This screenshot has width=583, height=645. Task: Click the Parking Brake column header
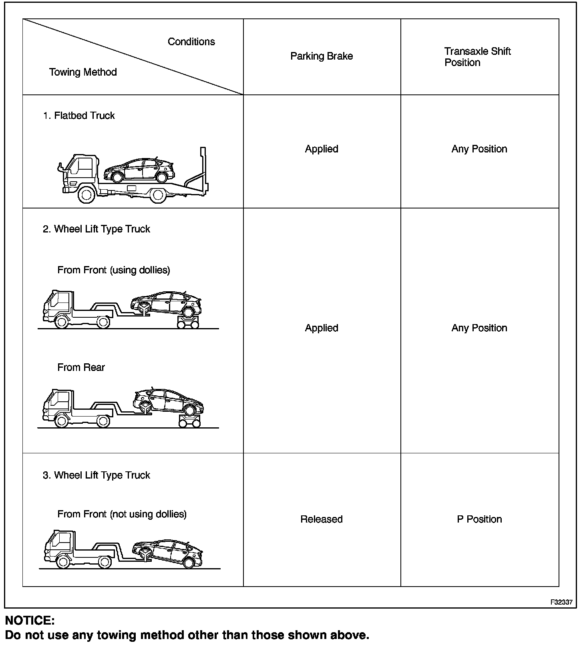pos(322,56)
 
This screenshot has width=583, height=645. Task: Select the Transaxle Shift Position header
pos(477,57)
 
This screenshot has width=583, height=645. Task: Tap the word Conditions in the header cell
pos(191,42)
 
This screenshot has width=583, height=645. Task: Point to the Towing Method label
pos(83,72)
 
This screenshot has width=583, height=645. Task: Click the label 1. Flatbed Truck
pos(79,116)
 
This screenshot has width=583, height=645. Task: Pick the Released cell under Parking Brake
pos(322,519)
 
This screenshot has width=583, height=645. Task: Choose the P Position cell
pos(479,519)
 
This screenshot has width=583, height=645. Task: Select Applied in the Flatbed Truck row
pos(322,149)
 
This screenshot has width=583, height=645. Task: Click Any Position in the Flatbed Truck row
pos(479,149)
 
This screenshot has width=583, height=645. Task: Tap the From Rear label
pos(81,367)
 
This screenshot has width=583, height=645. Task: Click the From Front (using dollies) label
pos(114,270)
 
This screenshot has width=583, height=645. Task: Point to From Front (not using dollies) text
pos(122,514)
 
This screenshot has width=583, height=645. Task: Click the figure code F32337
pos(561,602)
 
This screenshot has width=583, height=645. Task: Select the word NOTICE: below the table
pos(30,620)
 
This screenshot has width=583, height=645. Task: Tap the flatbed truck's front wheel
pos(86,195)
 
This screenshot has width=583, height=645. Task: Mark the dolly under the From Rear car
pos(189,421)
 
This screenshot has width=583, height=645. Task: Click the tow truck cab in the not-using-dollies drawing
pos(60,544)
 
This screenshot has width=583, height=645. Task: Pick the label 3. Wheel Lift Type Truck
pos(96,475)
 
